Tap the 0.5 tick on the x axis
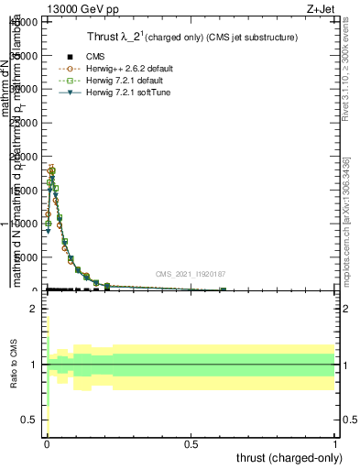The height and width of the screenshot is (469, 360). pos(191,444)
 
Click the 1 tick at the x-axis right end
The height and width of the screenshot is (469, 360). pos(336,444)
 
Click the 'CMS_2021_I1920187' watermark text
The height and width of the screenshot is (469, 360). pos(191,274)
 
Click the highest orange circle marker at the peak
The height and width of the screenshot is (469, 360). pos(52,170)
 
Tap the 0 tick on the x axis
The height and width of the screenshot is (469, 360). pos(47,444)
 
